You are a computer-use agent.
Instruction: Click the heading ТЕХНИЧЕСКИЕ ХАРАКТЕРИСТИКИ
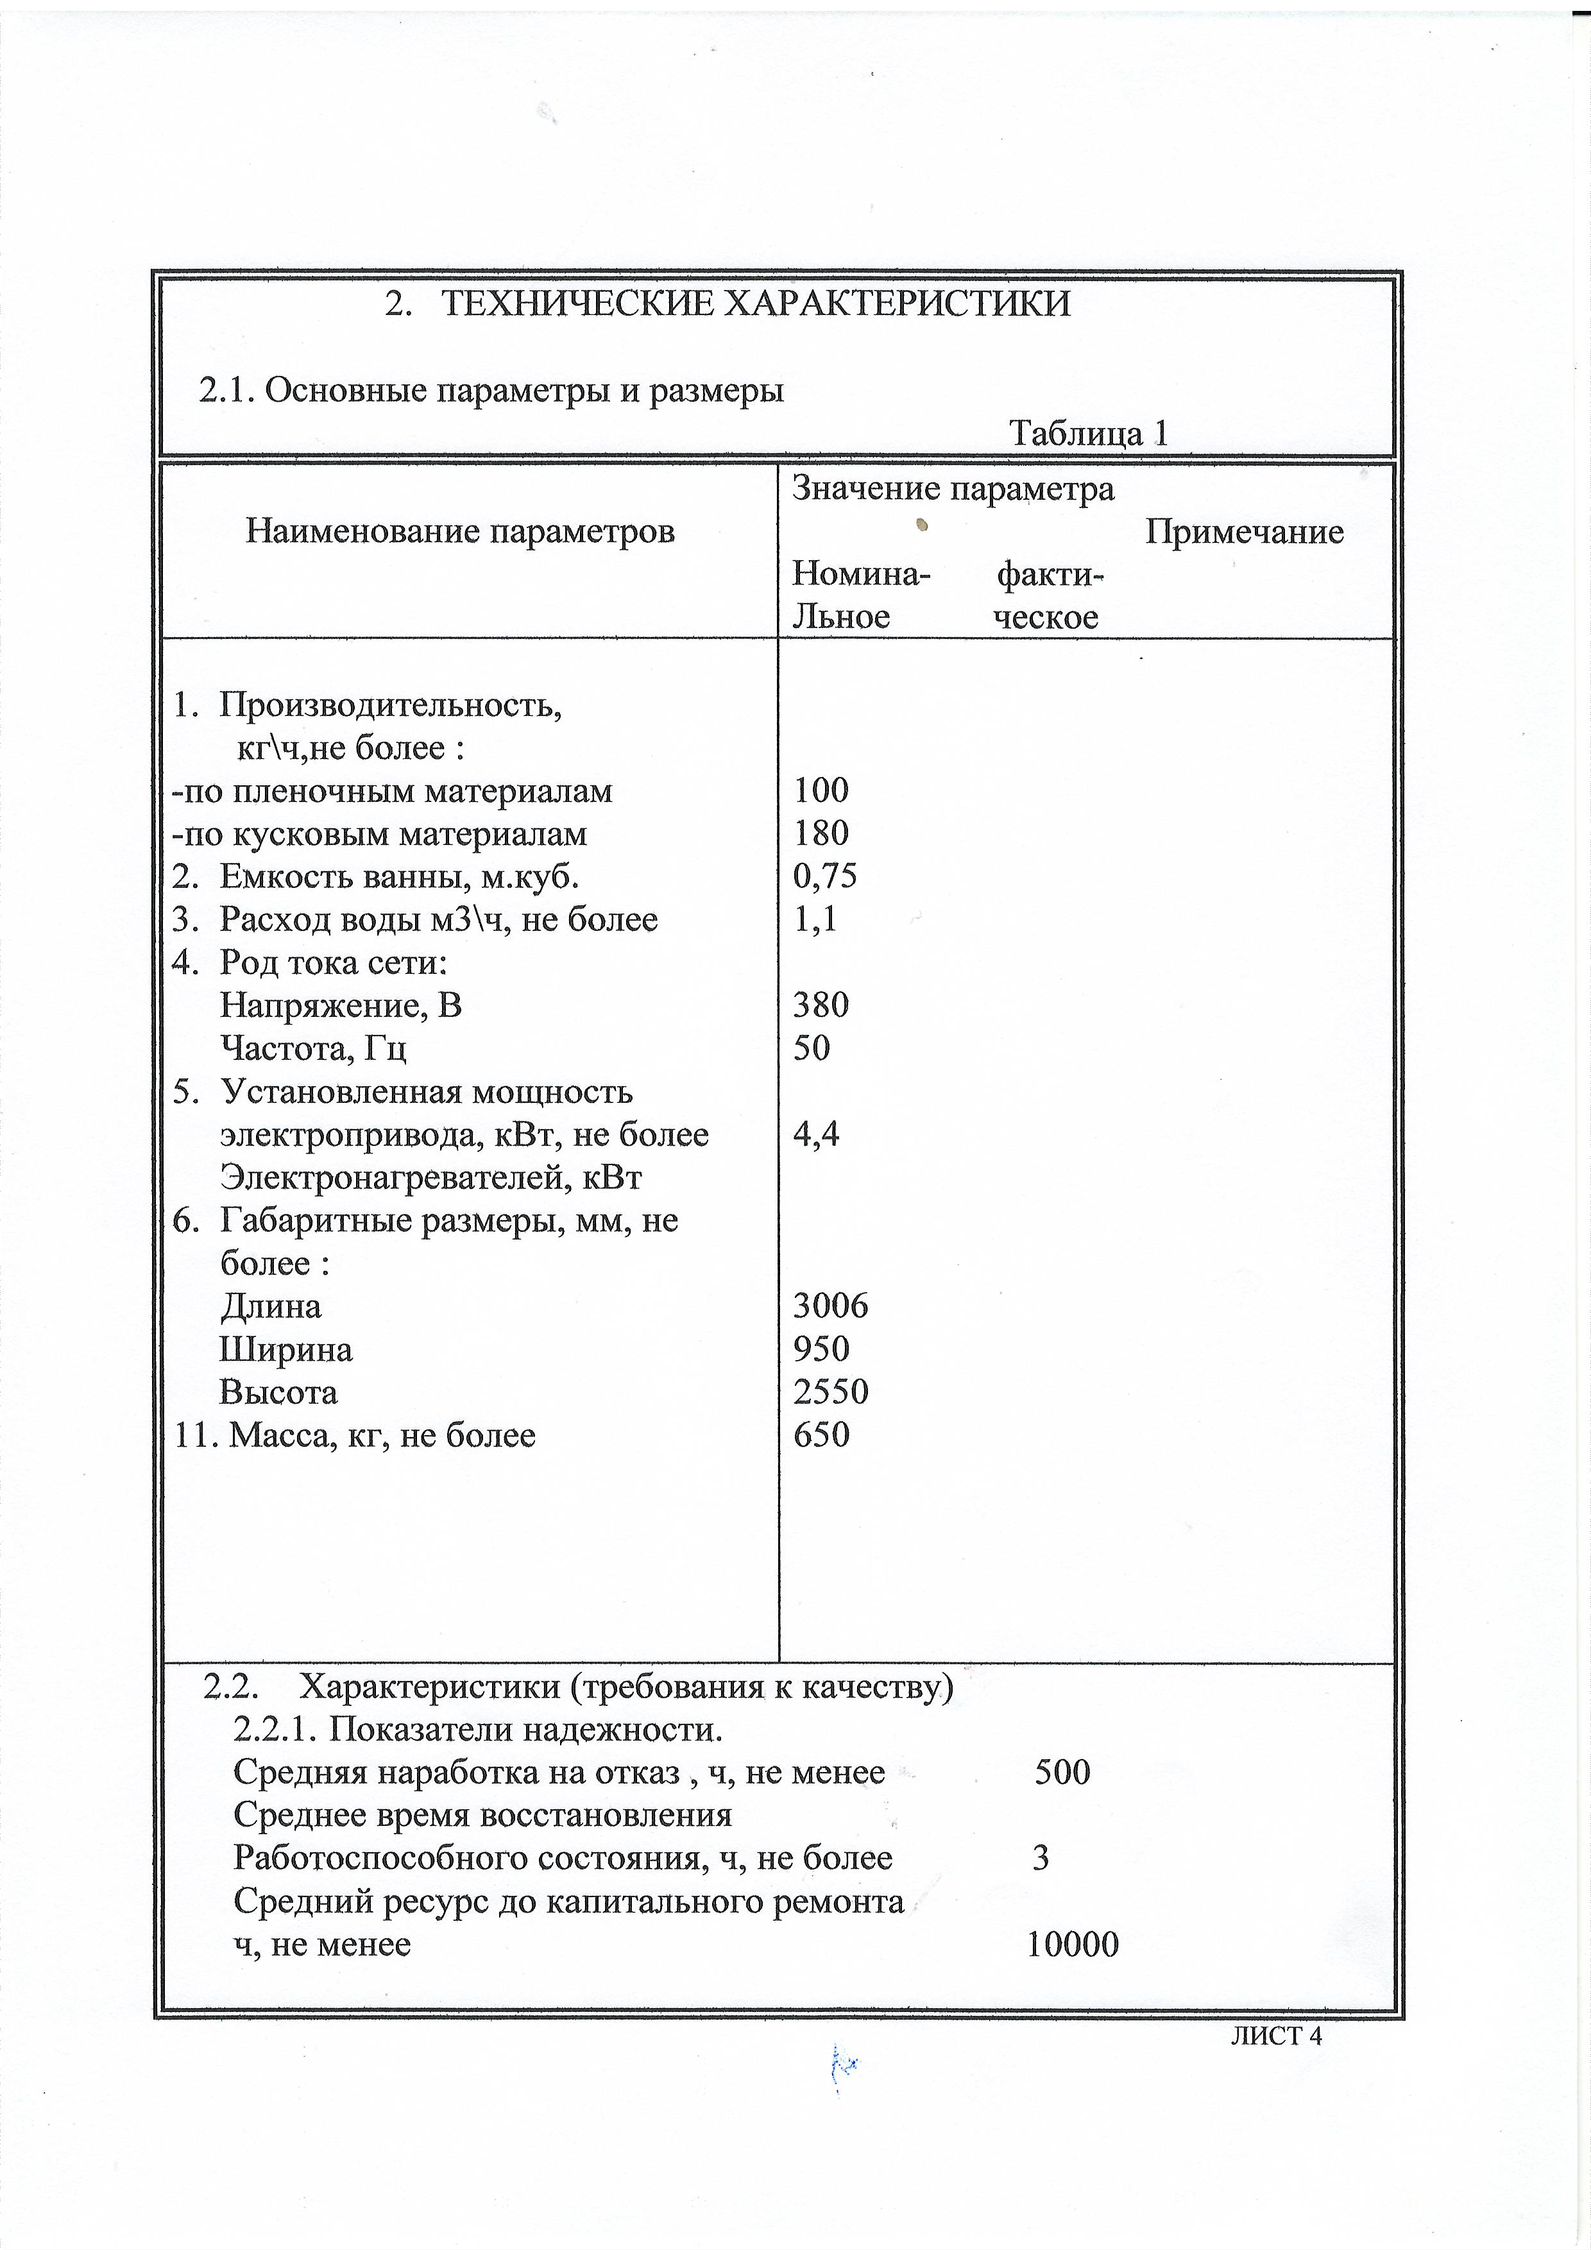[754, 305]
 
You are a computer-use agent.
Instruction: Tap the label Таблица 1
[1089, 433]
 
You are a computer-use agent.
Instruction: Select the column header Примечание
[1243, 532]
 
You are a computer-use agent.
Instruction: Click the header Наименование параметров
[459, 531]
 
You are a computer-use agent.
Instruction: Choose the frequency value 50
[811, 1048]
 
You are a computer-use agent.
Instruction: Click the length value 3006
[830, 1306]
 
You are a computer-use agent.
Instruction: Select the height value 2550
[830, 1392]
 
